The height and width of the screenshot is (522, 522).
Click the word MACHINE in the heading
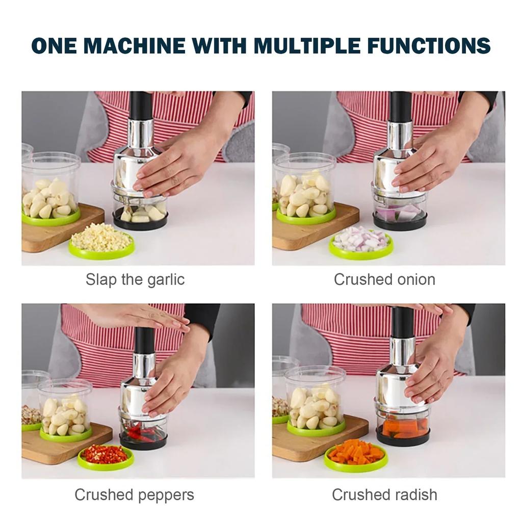click(135, 45)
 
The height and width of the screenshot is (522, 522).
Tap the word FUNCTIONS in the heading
click(429, 45)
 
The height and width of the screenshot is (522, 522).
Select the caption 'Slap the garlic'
click(135, 279)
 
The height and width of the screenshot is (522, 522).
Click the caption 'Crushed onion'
click(384, 279)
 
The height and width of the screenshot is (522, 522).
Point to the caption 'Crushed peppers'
click(134, 495)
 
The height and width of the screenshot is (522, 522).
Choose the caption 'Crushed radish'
click(384, 494)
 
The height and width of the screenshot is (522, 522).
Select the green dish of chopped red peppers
click(106, 457)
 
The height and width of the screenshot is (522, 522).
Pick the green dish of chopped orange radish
click(356, 455)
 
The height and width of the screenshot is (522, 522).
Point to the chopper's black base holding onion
click(400, 222)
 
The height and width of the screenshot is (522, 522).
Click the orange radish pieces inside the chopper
click(404, 428)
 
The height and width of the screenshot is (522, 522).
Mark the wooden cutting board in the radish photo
click(316, 439)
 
